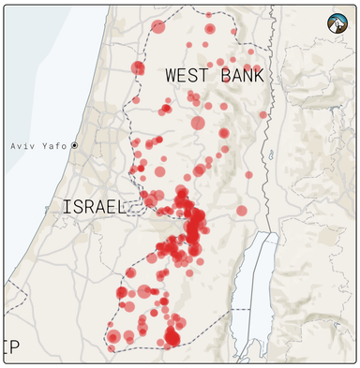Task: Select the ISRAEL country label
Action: coord(94,206)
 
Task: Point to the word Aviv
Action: coord(25,146)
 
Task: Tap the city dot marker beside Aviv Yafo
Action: coord(75,146)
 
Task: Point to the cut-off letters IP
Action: coord(11,347)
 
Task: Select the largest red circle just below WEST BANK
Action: coord(198,123)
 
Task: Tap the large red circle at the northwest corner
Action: coord(157,27)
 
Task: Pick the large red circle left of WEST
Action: coord(138,67)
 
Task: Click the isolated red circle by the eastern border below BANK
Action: coord(263,115)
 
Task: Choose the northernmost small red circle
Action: coord(208,15)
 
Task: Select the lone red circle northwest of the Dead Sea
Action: coord(241,211)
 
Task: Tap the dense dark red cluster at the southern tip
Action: coord(172,336)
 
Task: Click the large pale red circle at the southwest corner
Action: coord(113,336)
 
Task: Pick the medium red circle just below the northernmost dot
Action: coord(209,29)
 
